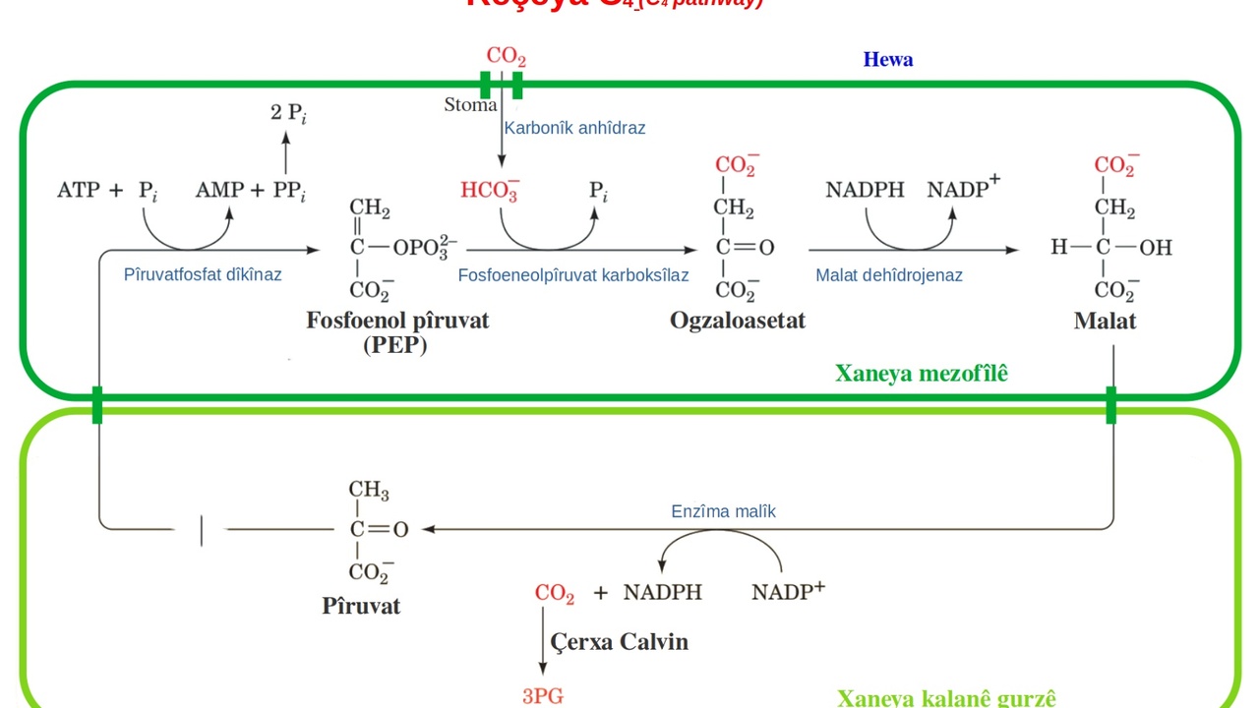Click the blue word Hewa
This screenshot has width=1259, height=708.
887,59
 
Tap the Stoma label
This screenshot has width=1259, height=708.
470,105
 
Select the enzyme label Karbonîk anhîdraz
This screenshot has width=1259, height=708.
574,128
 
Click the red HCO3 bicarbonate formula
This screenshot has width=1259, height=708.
489,191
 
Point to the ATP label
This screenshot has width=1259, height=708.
79,190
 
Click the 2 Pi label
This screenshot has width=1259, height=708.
288,112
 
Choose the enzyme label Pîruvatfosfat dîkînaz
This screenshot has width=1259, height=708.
203,274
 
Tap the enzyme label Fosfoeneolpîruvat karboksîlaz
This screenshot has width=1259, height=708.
572,275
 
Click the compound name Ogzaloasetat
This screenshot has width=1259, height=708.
737,321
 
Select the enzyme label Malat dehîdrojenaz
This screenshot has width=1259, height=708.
888,275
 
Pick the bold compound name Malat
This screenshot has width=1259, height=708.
1105,321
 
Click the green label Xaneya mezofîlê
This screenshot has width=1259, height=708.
921,374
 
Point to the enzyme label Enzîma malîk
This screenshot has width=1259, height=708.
723,511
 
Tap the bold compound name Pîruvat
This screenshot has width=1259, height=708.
361,606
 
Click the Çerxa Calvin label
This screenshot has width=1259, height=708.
619,642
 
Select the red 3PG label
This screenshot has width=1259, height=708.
542,696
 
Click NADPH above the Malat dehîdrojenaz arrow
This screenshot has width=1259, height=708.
865,190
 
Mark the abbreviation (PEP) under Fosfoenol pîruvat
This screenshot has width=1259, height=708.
394,345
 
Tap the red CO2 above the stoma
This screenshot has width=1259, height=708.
506,56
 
